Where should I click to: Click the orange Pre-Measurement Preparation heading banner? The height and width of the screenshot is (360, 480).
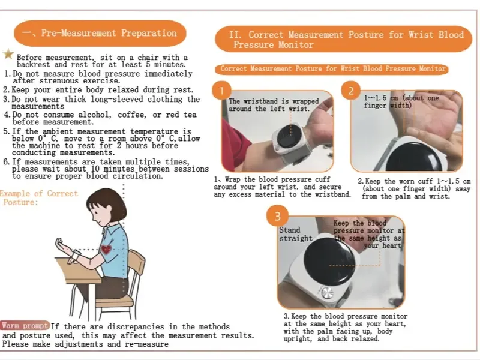[100, 33]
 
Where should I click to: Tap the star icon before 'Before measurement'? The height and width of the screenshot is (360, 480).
[8, 54]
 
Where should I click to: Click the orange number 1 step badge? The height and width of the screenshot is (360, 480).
[221, 91]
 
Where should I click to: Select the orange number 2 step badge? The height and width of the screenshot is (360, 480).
[350, 91]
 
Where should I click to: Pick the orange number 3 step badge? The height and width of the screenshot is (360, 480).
[277, 217]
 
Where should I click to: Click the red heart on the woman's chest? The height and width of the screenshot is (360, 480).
[106, 249]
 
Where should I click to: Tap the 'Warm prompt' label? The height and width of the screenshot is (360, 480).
[25, 326]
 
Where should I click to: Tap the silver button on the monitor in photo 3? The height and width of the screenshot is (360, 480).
[328, 293]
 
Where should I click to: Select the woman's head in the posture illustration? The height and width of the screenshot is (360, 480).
[106, 205]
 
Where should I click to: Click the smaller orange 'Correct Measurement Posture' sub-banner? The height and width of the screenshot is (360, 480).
[332, 69]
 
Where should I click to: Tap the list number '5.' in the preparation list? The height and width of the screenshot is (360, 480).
[7, 131]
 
